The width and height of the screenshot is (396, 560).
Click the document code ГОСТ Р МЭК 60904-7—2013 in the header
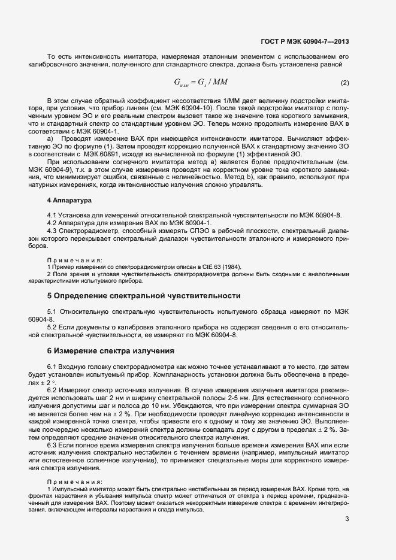(x=306, y=41)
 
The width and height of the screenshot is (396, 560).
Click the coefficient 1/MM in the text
(x=220, y=99)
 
